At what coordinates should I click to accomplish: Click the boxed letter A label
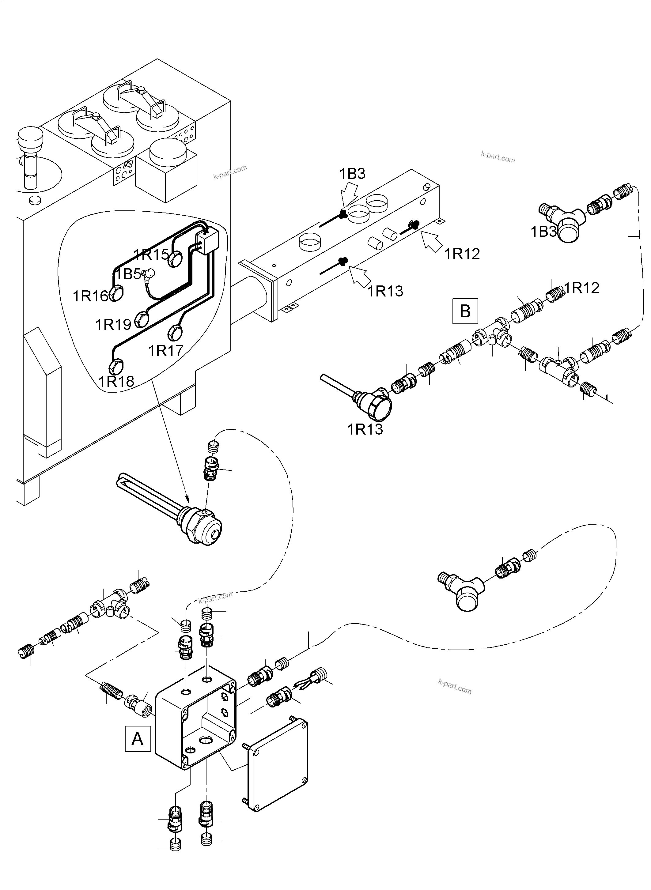(138, 739)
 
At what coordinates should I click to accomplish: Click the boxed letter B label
(465, 311)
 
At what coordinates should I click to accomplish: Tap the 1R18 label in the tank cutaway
(116, 381)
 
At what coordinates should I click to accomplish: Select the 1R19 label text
(113, 324)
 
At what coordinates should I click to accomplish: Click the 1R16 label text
(90, 296)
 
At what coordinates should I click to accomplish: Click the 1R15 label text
(151, 255)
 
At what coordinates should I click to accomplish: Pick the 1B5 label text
(128, 274)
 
